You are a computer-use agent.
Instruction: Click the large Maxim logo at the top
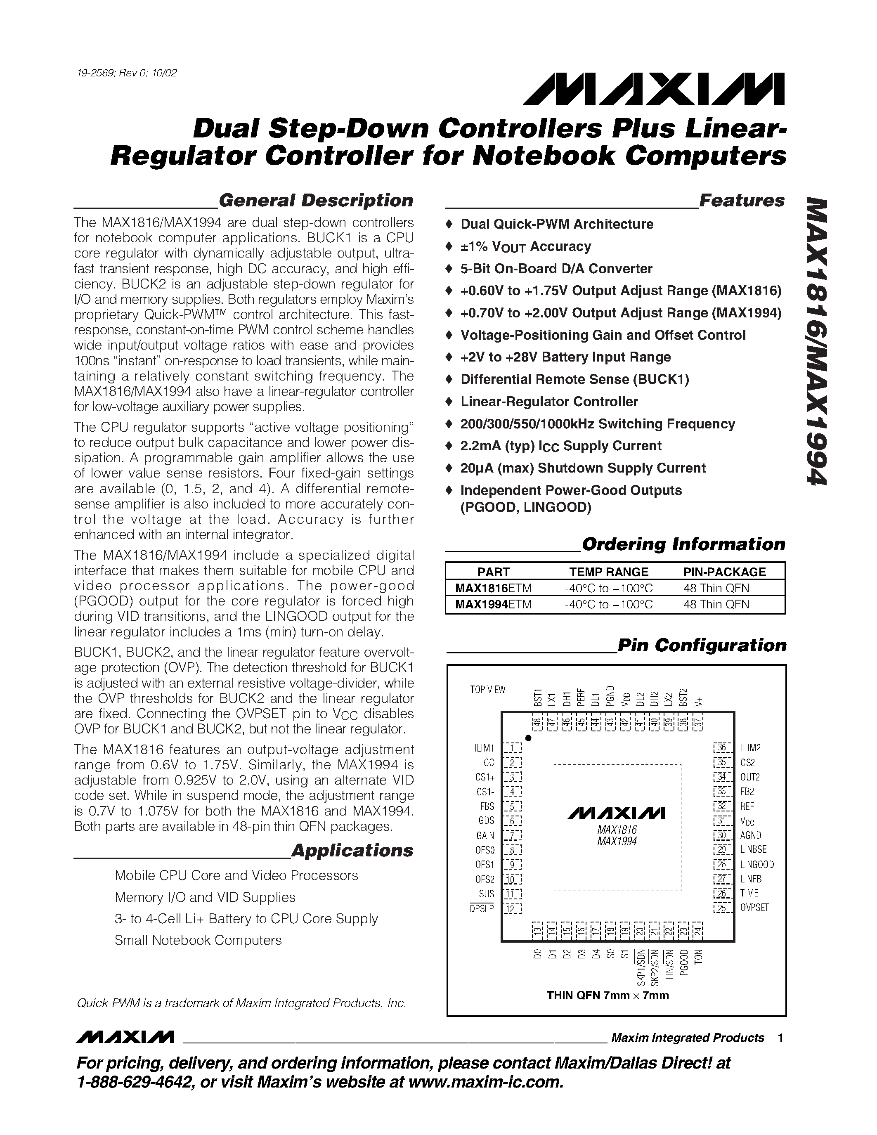pyautogui.click(x=654, y=90)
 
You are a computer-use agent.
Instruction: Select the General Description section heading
pyautogui.click(x=315, y=201)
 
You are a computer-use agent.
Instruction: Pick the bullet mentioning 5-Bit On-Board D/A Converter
pyautogui.click(x=556, y=269)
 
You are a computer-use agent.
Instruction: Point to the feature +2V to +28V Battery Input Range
pyautogui.click(x=565, y=357)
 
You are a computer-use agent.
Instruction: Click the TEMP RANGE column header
pyautogui.click(x=608, y=572)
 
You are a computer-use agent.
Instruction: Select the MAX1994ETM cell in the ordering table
pyautogui.click(x=493, y=604)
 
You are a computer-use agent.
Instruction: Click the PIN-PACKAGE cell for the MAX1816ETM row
pyautogui.click(x=716, y=588)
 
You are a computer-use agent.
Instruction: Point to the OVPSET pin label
pyautogui.click(x=754, y=908)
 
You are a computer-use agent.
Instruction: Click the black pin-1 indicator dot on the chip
pyautogui.click(x=528, y=738)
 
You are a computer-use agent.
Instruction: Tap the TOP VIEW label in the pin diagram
pyautogui.click(x=487, y=690)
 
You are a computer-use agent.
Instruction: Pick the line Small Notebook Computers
pyautogui.click(x=198, y=940)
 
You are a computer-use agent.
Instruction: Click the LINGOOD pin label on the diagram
pyautogui.click(x=757, y=864)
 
